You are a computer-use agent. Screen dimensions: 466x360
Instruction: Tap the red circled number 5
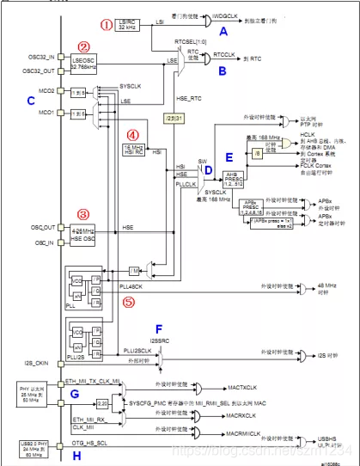[129, 302]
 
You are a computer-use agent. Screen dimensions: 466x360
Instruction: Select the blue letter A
[223, 32]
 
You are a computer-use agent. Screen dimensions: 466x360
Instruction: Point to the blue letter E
[229, 157]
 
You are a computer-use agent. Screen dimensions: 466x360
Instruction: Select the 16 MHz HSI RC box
[131, 149]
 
